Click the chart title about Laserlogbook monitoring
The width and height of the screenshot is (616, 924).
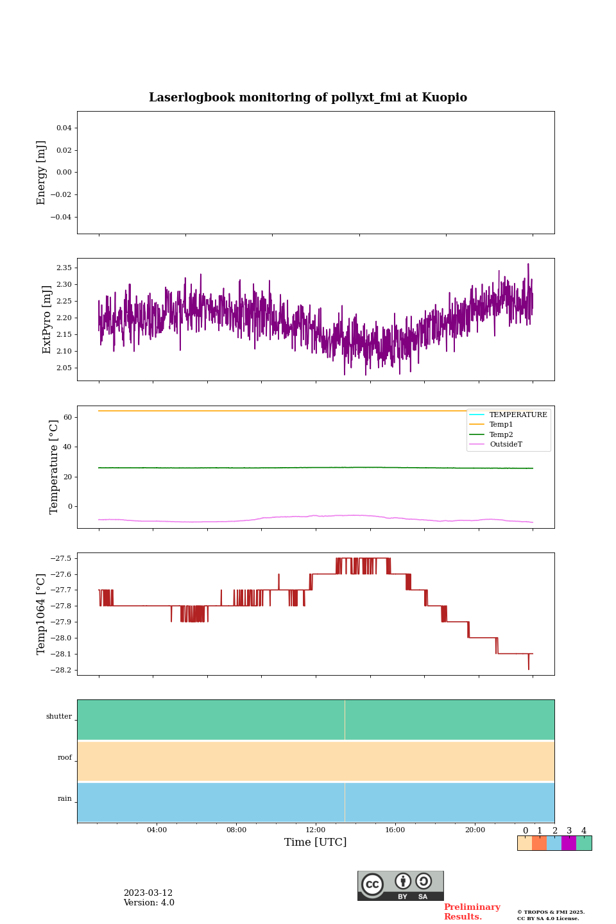[x=308, y=98]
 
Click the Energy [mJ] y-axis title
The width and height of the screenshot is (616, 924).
[x=42, y=173]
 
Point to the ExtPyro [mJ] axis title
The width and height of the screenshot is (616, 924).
[x=47, y=320]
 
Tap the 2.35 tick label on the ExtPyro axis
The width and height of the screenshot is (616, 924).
[x=64, y=268]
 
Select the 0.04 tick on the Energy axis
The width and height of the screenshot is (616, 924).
[x=64, y=128]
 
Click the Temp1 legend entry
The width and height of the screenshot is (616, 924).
[x=501, y=425]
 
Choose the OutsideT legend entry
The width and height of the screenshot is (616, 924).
[x=505, y=445]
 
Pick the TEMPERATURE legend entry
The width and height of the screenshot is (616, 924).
[x=518, y=415]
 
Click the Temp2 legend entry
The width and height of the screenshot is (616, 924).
[x=501, y=434]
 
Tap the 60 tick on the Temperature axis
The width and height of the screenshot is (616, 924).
[x=67, y=417]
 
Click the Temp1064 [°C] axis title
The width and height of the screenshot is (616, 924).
[x=42, y=614]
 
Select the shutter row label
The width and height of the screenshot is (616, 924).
[x=59, y=717]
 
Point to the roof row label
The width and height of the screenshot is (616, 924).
[x=65, y=758]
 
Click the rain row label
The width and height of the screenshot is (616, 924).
[x=65, y=799]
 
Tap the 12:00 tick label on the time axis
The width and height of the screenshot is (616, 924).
[x=316, y=830]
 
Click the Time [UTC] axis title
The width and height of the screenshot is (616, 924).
[x=316, y=842]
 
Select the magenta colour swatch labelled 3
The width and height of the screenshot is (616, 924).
[x=569, y=843]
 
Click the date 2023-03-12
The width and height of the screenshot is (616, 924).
[x=148, y=893]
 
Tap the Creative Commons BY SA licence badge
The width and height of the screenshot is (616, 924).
[x=400, y=886]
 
